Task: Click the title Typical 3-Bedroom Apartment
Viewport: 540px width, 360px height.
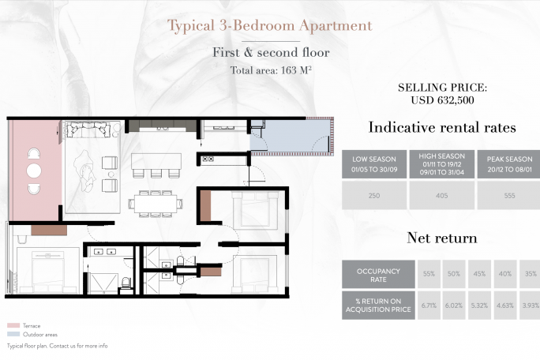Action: (x=270, y=26)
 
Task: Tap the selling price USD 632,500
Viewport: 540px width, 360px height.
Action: (x=443, y=100)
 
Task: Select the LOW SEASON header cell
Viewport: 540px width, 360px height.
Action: (x=374, y=164)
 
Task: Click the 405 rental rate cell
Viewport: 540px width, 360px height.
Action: (x=442, y=196)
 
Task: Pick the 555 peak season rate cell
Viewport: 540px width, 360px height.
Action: (x=509, y=196)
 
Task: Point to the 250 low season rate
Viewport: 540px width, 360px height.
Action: (x=374, y=196)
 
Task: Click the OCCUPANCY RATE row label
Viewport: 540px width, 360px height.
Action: (x=378, y=275)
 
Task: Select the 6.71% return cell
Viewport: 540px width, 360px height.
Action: (x=429, y=306)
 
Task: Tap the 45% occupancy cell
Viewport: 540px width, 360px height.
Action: (x=479, y=274)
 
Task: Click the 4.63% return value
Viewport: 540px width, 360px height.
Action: (x=505, y=306)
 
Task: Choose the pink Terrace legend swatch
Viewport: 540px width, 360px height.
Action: (x=13, y=325)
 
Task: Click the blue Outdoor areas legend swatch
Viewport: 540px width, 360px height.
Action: (x=13, y=334)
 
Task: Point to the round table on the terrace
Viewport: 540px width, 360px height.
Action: (x=34, y=171)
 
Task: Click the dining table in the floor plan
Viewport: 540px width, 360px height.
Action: (x=156, y=204)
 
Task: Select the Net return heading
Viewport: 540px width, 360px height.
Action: (x=442, y=238)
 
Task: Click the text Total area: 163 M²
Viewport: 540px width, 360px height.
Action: (x=271, y=70)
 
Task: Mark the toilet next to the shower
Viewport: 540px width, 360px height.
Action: (x=126, y=283)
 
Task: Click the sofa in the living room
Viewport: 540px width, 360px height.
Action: (x=88, y=130)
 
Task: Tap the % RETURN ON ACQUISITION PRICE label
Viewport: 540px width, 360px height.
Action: (x=378, y=306)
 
